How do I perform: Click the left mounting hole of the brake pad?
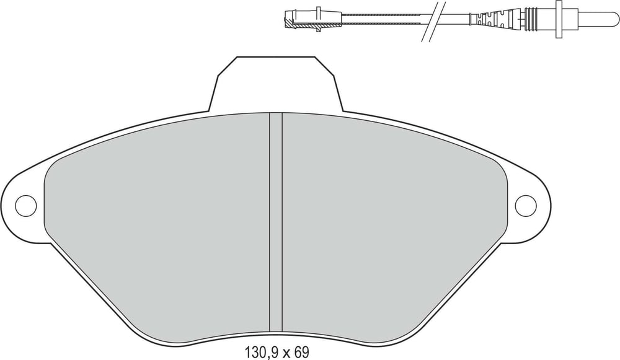(x=25, y=206)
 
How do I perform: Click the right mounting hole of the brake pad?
(x=526, y=206)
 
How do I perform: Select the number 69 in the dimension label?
(x=302, y=352)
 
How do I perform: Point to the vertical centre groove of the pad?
(x=276, y=222)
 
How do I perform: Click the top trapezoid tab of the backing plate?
(x=276, y=84)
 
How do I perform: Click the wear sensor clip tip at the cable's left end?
(x=288, y=20)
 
